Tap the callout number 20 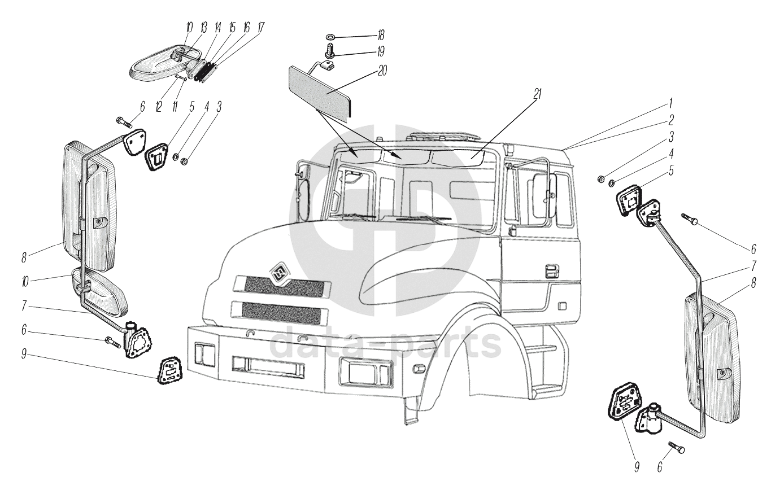384,72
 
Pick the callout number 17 260,28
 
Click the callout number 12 159,105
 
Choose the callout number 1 670,103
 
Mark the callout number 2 670,119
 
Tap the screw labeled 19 330,53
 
